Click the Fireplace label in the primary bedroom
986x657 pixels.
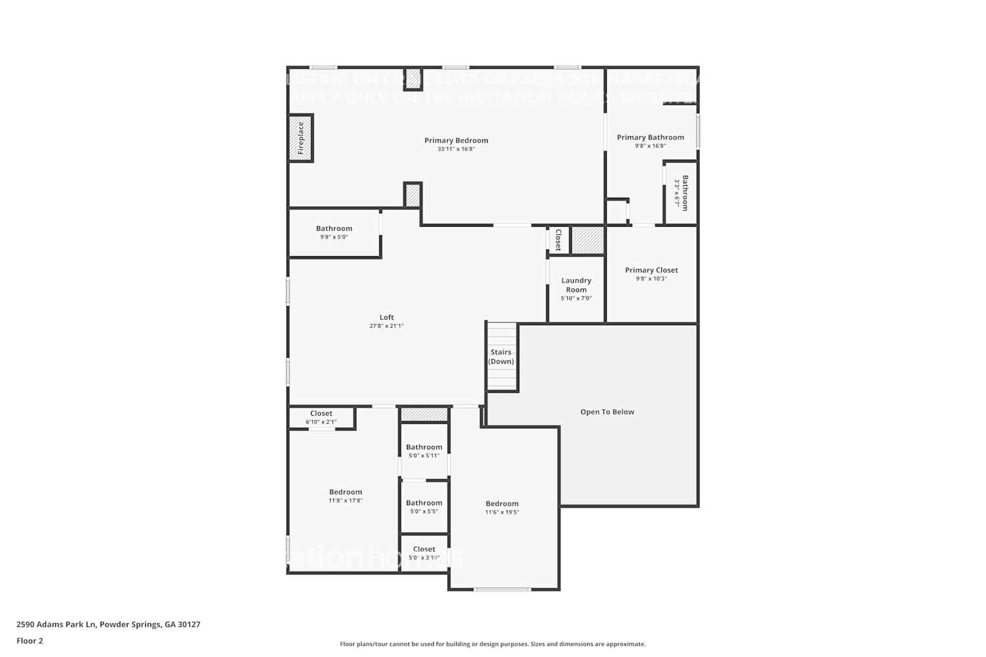(301, 138)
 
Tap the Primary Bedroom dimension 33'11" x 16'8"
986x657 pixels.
(456, 149)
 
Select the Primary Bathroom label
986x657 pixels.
(650, 137)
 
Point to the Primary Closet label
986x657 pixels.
(651, 270)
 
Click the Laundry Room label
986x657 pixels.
(576, 285)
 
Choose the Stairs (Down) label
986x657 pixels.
(501, 357)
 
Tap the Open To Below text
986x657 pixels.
(607, 412)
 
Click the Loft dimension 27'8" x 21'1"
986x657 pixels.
(387, 326)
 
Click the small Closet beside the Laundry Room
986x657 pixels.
(558, 240)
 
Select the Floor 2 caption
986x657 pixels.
(30, 641)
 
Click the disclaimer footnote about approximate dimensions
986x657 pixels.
(492, 644)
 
